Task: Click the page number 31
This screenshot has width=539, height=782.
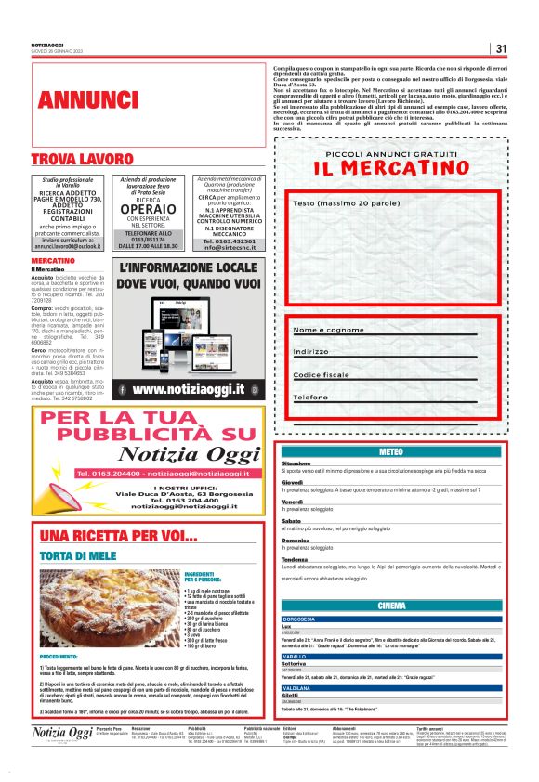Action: (x=501, y=48)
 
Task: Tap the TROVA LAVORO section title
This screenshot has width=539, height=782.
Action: (x=83, y=160)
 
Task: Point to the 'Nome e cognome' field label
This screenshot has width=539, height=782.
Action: (x=328, y=330)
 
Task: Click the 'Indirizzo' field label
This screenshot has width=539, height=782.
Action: (x=311, y=352)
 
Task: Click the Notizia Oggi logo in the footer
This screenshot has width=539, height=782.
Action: (x=62, y=760)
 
